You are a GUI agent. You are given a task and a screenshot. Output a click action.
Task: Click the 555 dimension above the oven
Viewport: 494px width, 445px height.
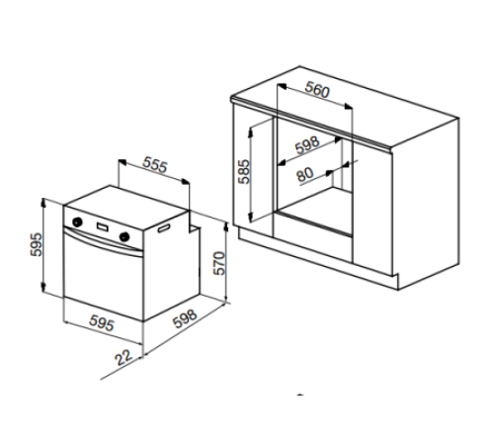tap(155, 164)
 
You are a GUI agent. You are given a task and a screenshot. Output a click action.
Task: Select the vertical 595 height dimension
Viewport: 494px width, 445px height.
tap(37, 244)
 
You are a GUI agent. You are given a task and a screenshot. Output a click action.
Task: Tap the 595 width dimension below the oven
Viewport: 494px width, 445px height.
tap(102, 323)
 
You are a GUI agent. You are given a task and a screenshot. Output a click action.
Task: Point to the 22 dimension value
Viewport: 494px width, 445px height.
tap(123, 357)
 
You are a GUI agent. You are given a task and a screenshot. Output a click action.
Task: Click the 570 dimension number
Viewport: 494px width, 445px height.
tap(219, 263)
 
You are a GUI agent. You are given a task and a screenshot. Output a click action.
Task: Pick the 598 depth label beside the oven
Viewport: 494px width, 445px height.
tap(185, 318)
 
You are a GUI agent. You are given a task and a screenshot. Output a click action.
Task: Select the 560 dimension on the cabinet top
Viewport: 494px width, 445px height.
tap(317, 90)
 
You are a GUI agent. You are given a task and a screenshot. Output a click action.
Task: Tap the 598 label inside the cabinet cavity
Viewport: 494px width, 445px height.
tap(307, 145)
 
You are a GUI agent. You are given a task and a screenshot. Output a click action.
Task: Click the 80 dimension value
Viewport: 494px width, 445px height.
tap(305, 174)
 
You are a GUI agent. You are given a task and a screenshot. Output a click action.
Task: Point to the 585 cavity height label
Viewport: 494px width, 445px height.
tap(244, 171)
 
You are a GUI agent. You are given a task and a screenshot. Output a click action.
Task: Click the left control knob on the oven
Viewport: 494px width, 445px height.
tap(78, 222)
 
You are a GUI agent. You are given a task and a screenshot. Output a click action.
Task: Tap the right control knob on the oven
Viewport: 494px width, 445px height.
tap(124, 236)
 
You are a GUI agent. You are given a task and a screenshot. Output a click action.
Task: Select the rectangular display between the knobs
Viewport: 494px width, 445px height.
tap(103, 227)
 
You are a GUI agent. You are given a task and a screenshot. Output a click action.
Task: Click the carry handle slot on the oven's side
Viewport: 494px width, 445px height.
tap(164, 228)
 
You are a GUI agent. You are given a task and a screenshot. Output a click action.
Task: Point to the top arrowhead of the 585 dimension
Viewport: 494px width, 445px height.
tap(250, 132)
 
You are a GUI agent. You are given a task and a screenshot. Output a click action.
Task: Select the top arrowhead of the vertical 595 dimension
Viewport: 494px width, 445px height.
tap(43, 203)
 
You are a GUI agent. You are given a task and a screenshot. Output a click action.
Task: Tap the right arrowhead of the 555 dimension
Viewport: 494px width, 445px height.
tap(186, 181)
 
